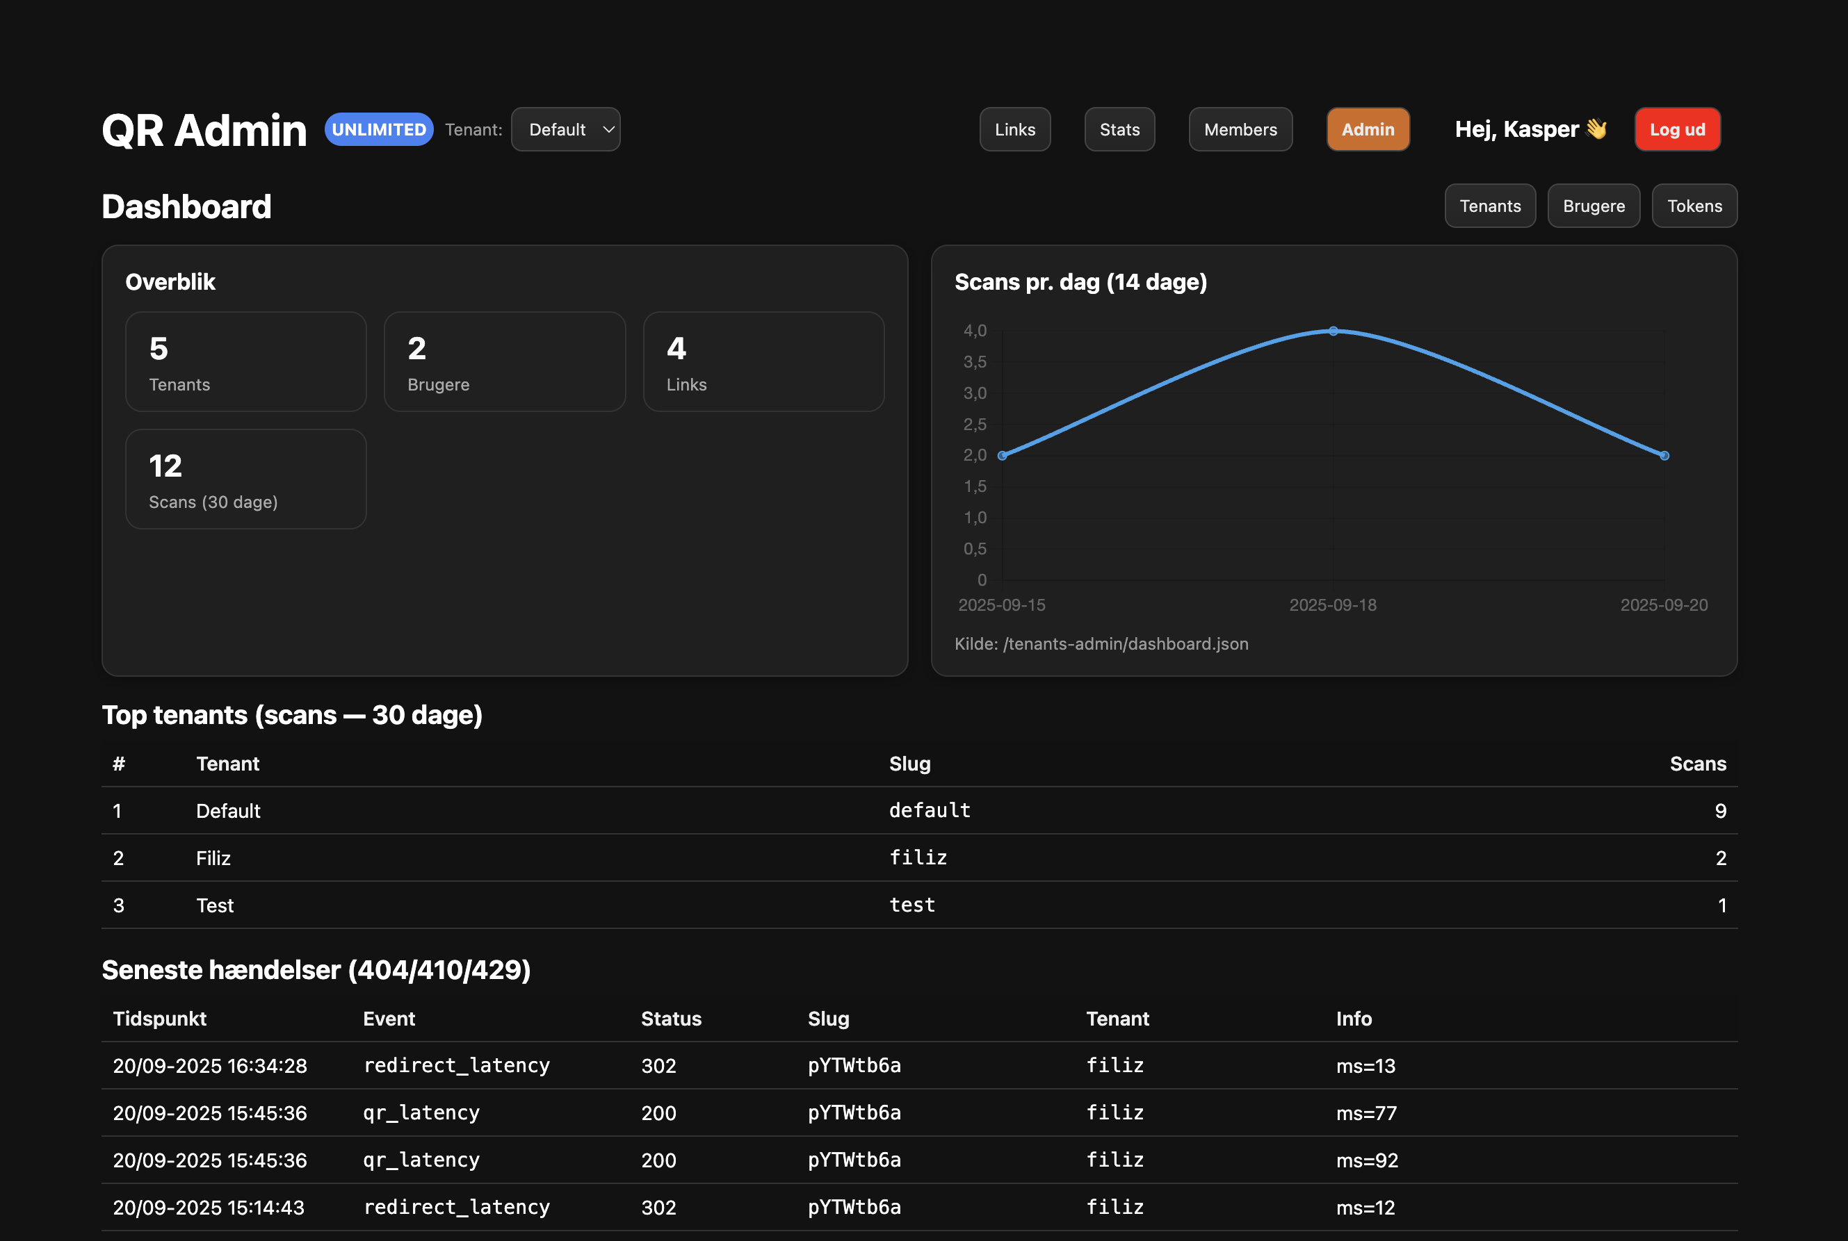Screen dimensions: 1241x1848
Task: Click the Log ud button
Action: (x=1676, y=130)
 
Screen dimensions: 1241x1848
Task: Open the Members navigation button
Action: (x=1240, y=130)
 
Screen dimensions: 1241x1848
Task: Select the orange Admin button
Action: (x=1368, y=130)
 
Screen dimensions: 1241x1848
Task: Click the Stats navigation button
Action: (x=1119, y=130)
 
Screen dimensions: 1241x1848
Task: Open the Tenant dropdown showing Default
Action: (x=565, y=130)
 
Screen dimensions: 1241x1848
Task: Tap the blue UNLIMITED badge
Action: (x=378, y=130)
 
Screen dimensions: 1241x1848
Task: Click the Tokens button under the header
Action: (x=1694, y=206)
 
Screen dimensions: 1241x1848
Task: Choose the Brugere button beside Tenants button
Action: (x=1593, y=206)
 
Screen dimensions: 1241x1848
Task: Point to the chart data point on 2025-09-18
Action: (x=1334, y=331)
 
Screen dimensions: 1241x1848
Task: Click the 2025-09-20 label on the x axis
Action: (x=1664, y=605)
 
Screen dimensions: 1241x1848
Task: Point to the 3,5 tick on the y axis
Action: (x=975, y=363)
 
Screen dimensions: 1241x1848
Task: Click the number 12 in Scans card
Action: (x=165, y=466)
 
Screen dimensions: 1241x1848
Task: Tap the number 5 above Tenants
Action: (x=159, y=349)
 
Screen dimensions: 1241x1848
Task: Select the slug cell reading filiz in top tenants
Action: (x=918, y=858)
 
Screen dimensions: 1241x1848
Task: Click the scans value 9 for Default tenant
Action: (x=1720, y=812)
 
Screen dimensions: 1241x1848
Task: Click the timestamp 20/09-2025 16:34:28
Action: (x=210, y=1066)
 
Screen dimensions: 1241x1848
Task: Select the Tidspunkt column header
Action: (x=159, y=1019)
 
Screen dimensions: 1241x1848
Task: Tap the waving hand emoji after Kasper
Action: (x=1596, y=129)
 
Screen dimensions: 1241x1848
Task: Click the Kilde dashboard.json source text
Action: (x=1101, y=644)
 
